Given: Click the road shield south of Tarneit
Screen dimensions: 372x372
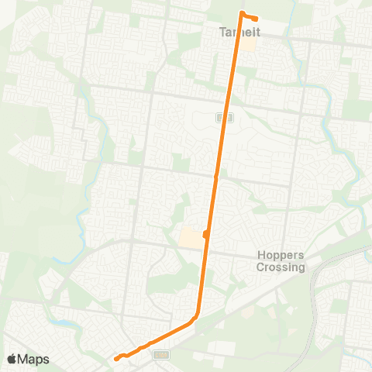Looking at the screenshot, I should click(x=225, y=117).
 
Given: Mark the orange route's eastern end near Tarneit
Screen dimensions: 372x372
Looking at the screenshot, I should click(x=257, y=18).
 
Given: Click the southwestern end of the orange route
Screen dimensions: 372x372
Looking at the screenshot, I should click(x=116, y=358).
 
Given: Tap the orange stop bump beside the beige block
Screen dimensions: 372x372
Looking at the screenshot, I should click(x=205, y=234).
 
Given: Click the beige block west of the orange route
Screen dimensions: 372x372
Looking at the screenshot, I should click(x=190, y=238).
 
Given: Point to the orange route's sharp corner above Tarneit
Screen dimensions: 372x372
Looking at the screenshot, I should click(x=242, y=13).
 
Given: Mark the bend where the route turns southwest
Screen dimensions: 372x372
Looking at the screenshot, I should click(x=197, y=314).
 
